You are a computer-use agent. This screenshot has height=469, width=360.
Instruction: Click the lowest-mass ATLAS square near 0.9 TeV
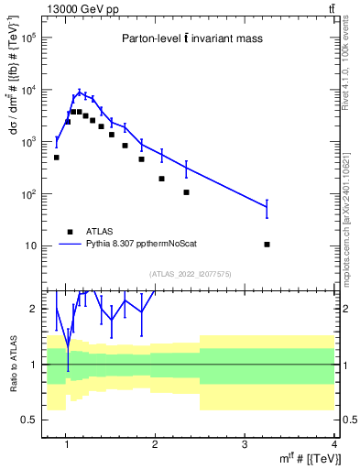pos(57,158)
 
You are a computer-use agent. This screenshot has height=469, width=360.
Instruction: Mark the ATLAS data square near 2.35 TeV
pos(186,192)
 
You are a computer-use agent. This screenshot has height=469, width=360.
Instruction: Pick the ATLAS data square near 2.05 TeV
pos(161,179)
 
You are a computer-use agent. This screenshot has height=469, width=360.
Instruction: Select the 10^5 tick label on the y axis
pos(27,38)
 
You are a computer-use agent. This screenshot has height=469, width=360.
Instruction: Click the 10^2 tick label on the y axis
pos(27,194)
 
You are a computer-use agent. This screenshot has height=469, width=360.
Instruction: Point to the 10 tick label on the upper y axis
pos(29,246)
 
